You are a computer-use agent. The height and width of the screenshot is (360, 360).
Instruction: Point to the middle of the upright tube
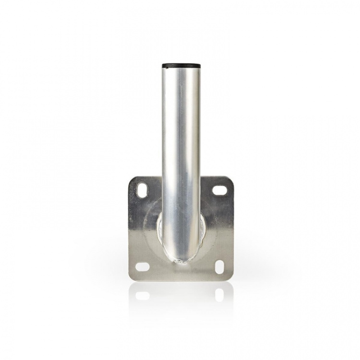180,154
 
